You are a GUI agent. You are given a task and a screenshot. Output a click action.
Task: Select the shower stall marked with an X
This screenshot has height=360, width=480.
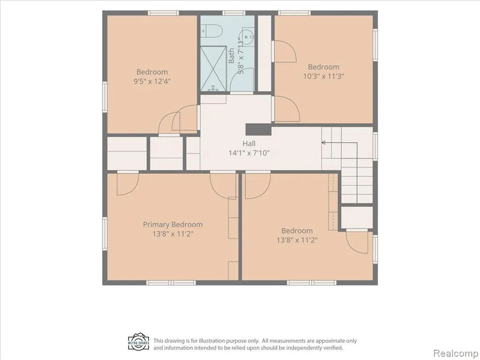(213, 68)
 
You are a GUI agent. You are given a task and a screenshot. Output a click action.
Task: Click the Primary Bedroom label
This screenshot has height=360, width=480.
(172, 225)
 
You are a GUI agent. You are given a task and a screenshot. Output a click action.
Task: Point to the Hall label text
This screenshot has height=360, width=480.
(249, 143)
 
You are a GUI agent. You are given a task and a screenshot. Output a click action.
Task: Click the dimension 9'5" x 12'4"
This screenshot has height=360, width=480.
(152, 82)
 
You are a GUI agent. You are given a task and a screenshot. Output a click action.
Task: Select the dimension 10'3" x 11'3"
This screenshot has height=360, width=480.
(323, 76)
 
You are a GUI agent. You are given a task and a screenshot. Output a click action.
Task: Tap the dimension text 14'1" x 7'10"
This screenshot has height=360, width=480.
(249, 153)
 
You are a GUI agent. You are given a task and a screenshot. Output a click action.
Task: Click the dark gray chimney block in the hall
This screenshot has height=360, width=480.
(259, 129)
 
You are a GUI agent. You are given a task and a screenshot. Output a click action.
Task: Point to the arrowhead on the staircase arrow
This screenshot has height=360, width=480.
(323, 142)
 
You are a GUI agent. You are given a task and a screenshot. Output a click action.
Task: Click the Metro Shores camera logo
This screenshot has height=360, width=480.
(138, 343)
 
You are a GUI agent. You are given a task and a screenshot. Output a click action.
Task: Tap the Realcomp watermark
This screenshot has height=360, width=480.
(456, 353)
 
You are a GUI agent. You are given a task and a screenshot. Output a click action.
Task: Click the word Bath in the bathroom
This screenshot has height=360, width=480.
(232, 55)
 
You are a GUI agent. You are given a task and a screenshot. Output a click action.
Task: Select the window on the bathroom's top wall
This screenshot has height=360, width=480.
(234, 13)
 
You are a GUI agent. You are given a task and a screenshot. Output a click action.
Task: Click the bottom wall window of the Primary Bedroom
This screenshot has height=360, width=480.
(171, 283)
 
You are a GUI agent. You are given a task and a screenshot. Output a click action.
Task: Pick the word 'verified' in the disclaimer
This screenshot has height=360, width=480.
(333, 348)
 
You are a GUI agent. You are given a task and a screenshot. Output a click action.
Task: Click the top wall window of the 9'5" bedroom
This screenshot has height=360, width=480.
(163, 13)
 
